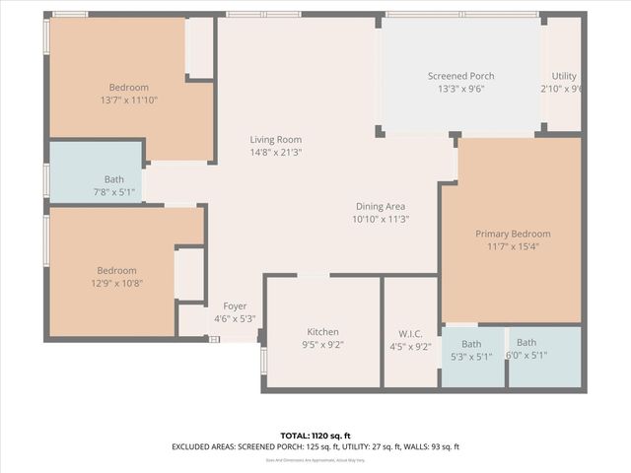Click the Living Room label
pyautogui.click(x=275, y=140)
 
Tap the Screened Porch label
pyautogui.click(x=460, y=76)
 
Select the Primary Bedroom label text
pyautogui.click(x=513, y=234)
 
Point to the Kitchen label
pyautogui.click(x=322, y=332)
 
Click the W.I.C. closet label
pyautogui.click(x=411, y=332)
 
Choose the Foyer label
pyautogui.click(x=235, y=306)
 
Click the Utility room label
pyautogui.click(x=564, y=76)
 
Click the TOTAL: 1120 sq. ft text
pyautogui.click(x=315, y=435)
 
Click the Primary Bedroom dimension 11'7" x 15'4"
pyautogui.click(x=513, y=246)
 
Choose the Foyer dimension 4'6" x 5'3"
pyautogui.click(x=235, y=318)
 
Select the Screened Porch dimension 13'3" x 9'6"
pyautogui.click(x=460, y=89)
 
